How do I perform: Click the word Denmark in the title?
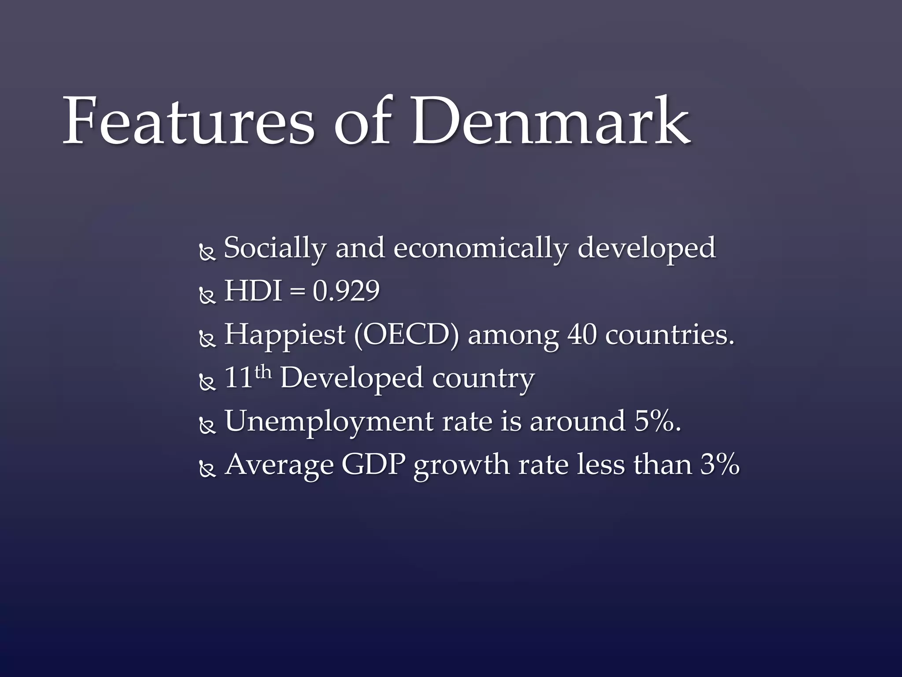[x=551, y=121]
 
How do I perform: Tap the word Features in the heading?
[x=189, y=121]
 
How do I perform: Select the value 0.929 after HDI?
[x=346, y=291]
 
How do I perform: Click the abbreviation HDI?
[x=253, y=291]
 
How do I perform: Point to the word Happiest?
[x=285, y=335]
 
